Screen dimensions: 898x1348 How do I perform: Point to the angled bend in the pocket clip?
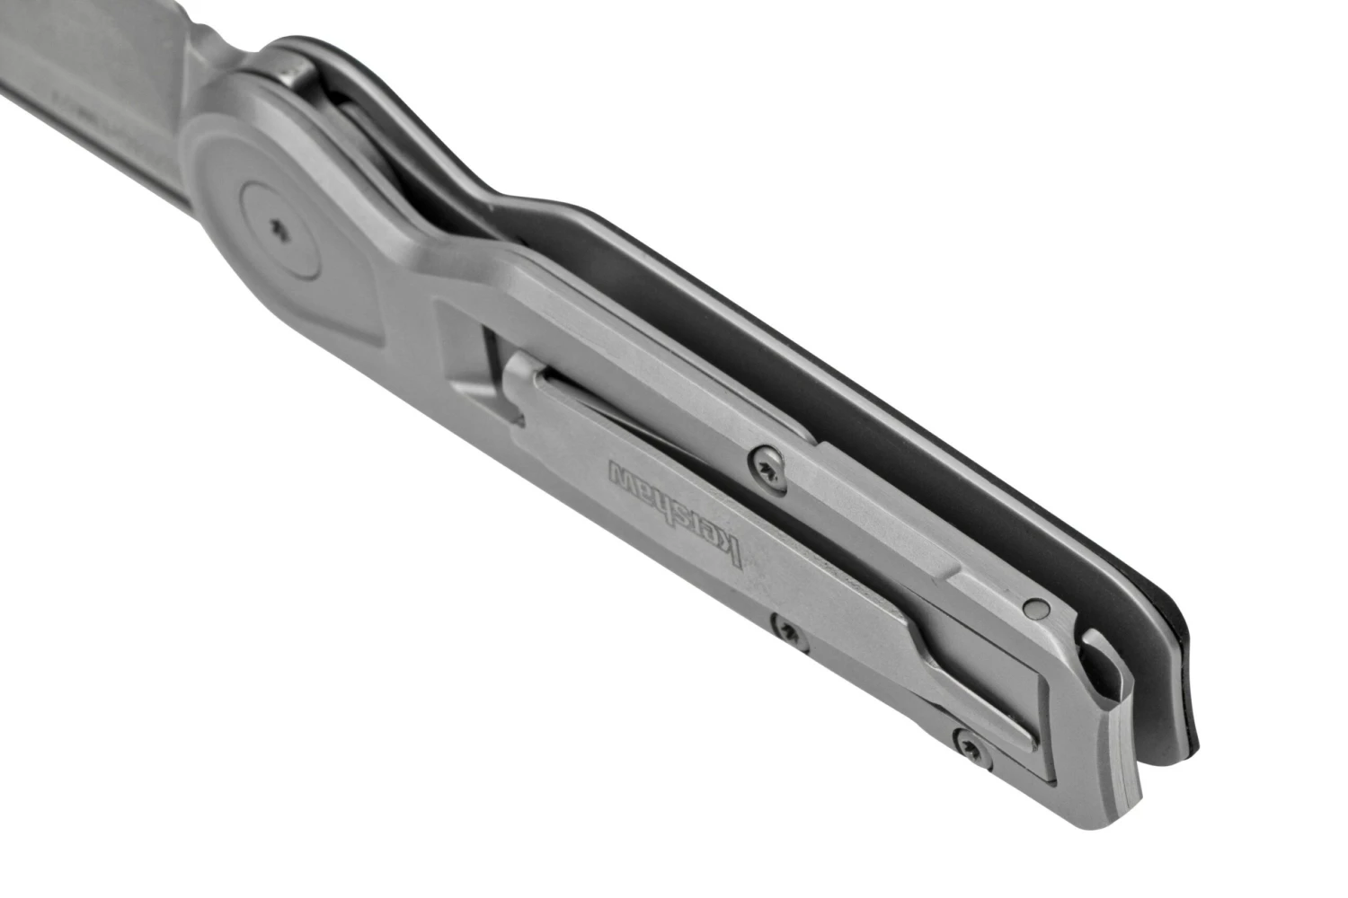click(x=926, y=629)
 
